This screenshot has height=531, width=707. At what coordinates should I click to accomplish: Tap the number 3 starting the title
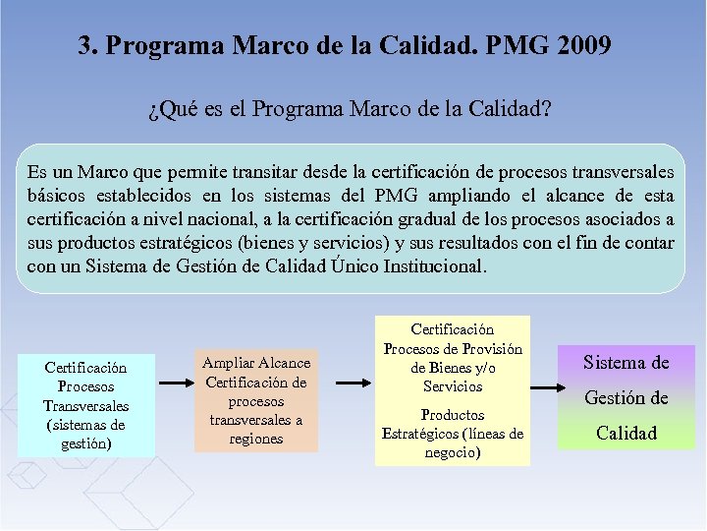coord(85,46)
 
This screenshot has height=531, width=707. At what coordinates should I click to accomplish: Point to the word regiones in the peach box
coord(255,439)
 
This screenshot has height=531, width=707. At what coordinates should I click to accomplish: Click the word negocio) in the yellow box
coord(453,452)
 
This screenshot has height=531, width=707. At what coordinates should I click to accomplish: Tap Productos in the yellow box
coord(453,415)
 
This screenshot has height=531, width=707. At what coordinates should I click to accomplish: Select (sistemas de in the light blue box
coord(85,425)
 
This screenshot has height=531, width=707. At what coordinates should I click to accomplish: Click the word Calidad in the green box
coord(626,433)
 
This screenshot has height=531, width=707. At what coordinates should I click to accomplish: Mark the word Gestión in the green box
coord(626,397)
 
